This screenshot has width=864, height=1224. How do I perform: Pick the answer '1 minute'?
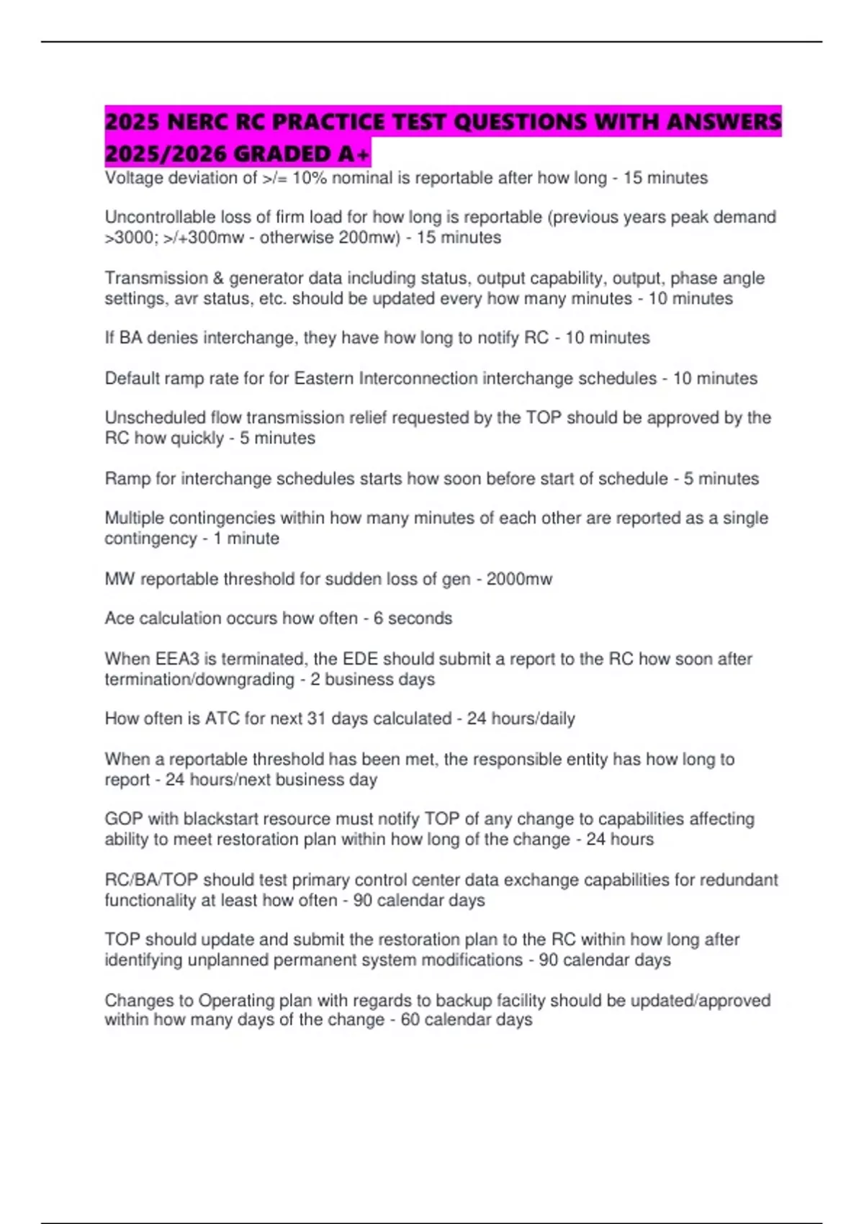click(x=246, y=539)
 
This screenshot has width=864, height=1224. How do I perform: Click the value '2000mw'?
click(x=519, y=579)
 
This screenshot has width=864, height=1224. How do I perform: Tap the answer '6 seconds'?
click(x=413, y=618)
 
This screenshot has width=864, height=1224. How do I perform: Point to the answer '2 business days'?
click(x=372, y=680)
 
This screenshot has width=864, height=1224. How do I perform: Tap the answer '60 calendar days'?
click(x=467, y=1020)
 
